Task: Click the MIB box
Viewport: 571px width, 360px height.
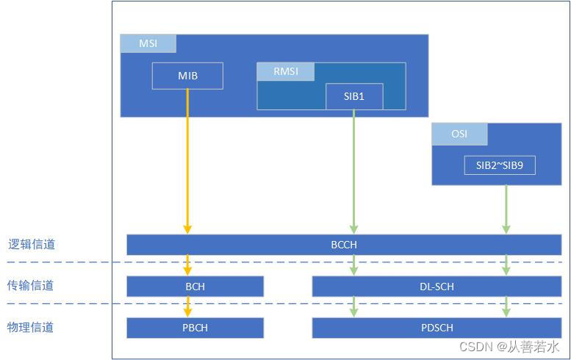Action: point(187,76)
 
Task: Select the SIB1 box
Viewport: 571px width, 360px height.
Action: point(353,96)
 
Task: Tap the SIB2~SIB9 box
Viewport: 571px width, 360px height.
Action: point(499,165)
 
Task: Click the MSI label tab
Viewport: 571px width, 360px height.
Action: point(148,43)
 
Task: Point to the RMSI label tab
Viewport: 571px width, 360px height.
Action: point(285,72)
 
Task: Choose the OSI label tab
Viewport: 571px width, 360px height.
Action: point(459,134)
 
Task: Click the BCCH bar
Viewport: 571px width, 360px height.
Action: point(344,245)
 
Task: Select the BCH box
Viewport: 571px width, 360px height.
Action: point(195,287)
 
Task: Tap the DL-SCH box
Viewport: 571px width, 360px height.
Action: point(437,287)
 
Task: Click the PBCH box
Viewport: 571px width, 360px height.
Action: point(195,328)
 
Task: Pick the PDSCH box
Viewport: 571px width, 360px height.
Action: point(437,328)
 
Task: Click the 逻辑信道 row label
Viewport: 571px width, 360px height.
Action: point(31,245)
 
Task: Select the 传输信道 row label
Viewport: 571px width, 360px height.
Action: point(31,286)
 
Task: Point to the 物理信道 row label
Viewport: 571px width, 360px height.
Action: point(31,327)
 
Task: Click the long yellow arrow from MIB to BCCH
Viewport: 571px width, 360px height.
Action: point(187,162)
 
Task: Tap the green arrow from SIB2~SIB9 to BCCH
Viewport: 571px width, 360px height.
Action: point(506,209)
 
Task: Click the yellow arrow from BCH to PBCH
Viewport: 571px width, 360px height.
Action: point(187,307)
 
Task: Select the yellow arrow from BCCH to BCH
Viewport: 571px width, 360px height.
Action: point(187,265)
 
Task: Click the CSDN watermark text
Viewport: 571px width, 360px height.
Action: point(509,347)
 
